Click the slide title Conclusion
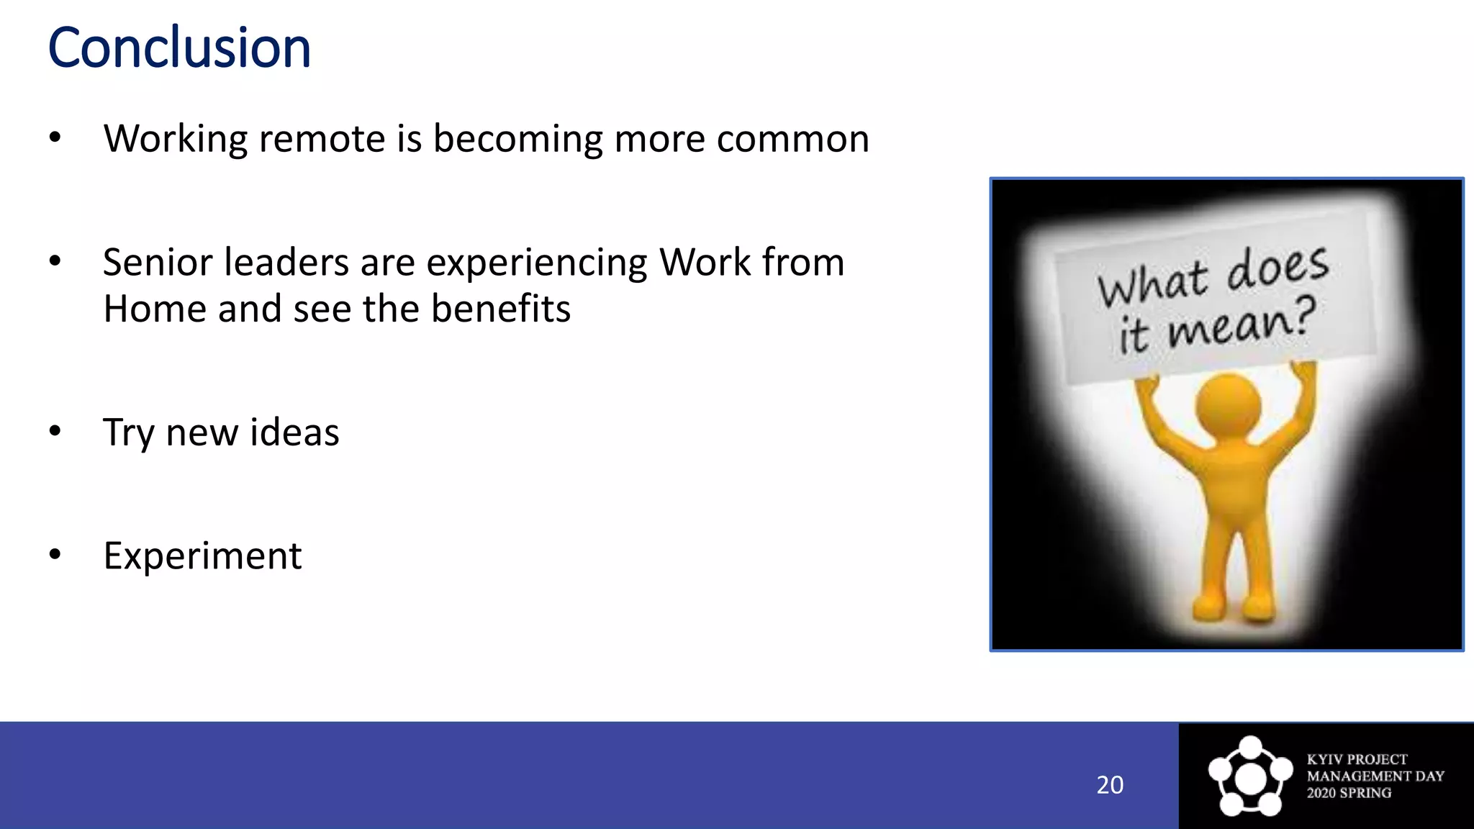[179, 49]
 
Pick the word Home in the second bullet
[155, 309]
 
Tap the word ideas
[294, 432]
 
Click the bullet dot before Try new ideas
[55, 431]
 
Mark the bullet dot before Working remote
[55, 137]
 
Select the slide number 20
[1109, 785]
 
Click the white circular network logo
[1250, 776]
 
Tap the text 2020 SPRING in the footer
[1349, 793]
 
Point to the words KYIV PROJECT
[1357, 759]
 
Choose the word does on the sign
[1278, 267]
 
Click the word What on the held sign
[1152, 284]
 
